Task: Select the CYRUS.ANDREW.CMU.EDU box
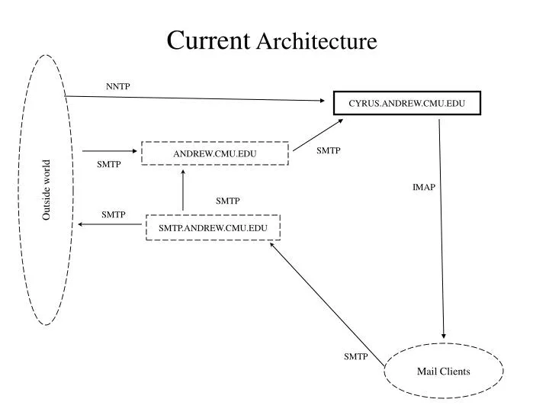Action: [407, 103]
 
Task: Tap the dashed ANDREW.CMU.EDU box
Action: [214, 153]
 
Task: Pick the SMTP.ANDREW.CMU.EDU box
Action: [213, 227]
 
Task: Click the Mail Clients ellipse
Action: [443, 372]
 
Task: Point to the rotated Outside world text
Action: [47, 190]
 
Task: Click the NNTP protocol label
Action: [118, 86]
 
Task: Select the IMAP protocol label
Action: [423, 187]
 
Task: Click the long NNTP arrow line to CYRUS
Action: [191, 98]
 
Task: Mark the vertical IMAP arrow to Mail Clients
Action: [441, 229]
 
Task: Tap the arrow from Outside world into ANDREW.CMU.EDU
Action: [111, 151]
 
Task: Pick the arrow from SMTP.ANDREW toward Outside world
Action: [111, 225]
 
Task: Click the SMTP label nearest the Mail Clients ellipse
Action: [355, 356]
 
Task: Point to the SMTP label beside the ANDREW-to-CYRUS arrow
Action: [328, 151]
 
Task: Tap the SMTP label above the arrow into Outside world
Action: [113, 215]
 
